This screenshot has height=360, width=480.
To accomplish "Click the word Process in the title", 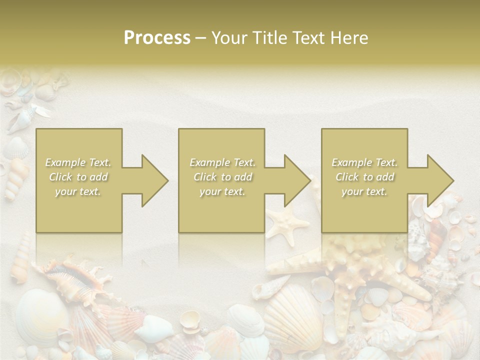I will point(157,38).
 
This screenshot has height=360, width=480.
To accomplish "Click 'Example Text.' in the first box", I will point(78,162).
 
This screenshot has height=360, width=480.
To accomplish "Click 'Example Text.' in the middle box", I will point(222,162).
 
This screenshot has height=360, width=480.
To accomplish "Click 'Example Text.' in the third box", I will point(364,162).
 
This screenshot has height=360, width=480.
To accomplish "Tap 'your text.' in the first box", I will point(78,191).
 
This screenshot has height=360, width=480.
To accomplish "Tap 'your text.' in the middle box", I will point(222,191).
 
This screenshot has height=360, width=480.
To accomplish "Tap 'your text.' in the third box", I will point(364,191).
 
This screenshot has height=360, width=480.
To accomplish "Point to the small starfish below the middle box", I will point(287,223).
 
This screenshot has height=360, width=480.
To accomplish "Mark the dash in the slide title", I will point(200,38).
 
